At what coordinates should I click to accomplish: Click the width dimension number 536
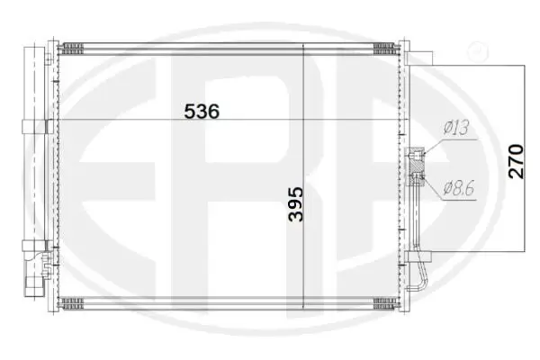point(202,112)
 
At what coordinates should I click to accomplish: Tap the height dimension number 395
point(296,204)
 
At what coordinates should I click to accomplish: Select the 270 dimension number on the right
point(516,162)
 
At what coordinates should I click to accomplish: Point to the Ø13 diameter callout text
point(456,127)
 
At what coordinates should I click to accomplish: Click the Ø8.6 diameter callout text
point(459,187)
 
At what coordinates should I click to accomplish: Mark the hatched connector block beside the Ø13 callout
point(417,166)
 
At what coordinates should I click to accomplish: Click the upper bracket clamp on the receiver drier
point(34,126)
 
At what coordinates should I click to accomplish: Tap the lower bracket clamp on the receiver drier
point(34,246)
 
